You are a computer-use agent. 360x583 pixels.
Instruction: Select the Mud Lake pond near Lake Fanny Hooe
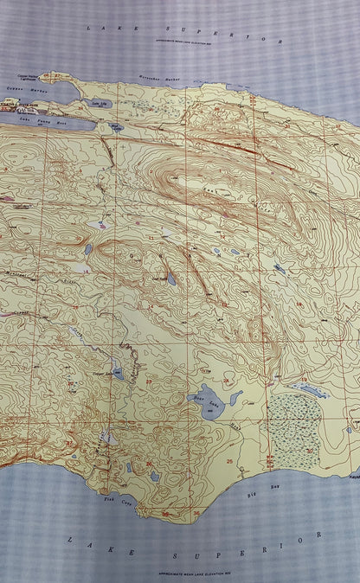(115, 127)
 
